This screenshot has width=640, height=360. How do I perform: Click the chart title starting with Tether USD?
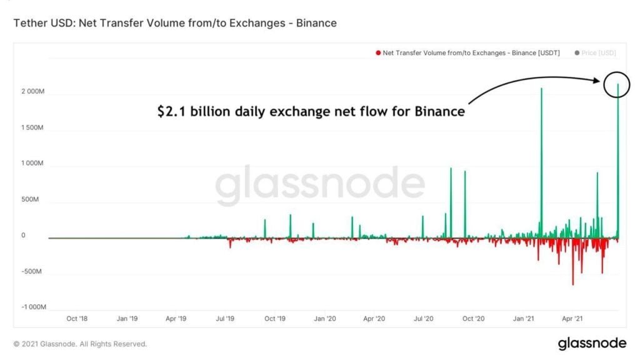175,23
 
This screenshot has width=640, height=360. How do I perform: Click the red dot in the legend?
377,53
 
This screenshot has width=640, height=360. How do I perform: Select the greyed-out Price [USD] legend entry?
599,53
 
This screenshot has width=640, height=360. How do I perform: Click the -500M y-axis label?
32,272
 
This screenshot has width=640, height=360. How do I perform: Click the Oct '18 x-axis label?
76,319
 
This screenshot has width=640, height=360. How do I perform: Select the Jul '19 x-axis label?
225,319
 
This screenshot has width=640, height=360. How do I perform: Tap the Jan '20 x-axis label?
324,319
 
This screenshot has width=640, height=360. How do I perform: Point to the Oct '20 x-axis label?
473,319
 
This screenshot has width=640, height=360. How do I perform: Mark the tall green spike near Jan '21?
541,156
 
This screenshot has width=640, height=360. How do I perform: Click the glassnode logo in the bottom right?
591,343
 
